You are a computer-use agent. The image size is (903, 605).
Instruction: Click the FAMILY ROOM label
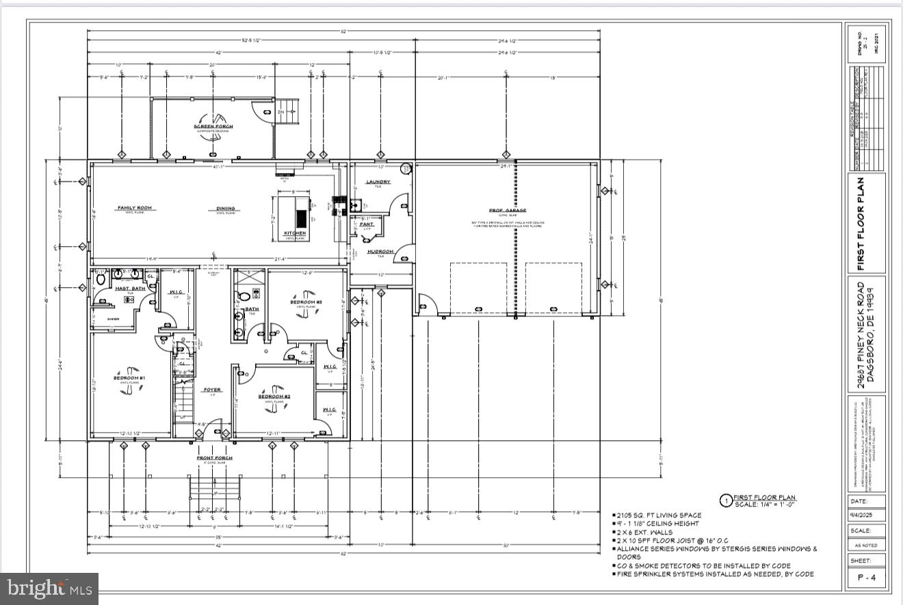pyautogui.click(x=134, y=208)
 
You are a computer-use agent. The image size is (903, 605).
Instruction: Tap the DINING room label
pyautogui.click(x=226, y=209)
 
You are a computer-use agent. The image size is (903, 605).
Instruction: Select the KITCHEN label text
pyautogui.click(x=296, y=234)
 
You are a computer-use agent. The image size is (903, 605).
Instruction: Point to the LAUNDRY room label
pyautogui.click(x=378, y=182)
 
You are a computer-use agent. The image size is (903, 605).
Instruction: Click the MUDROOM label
pyautogui.click(x=380, y=252)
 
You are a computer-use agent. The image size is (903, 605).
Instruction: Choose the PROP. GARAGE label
pyautogui.click(x=505, y=211)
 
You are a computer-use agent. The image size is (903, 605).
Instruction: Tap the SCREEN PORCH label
pyautogui.click(x=213, y=126)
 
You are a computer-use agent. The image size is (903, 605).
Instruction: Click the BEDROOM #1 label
pyautogui.click(x=129, y=378)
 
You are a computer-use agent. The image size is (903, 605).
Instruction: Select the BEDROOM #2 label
pyautogui.click(x=274, y=396)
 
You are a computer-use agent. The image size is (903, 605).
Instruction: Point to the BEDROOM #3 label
pyautogui.click(x=306, y=302)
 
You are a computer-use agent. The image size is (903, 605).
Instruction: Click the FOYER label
pyautogui.click(x=212, y=390)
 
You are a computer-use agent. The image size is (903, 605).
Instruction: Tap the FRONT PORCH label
pyautogui.click(x=215, y=457)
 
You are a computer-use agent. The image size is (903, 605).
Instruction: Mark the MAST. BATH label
pyautogui.click(x=129, y=288)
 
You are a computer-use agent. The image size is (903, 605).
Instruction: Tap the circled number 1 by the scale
pyautogui.click(x=726, y=501)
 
